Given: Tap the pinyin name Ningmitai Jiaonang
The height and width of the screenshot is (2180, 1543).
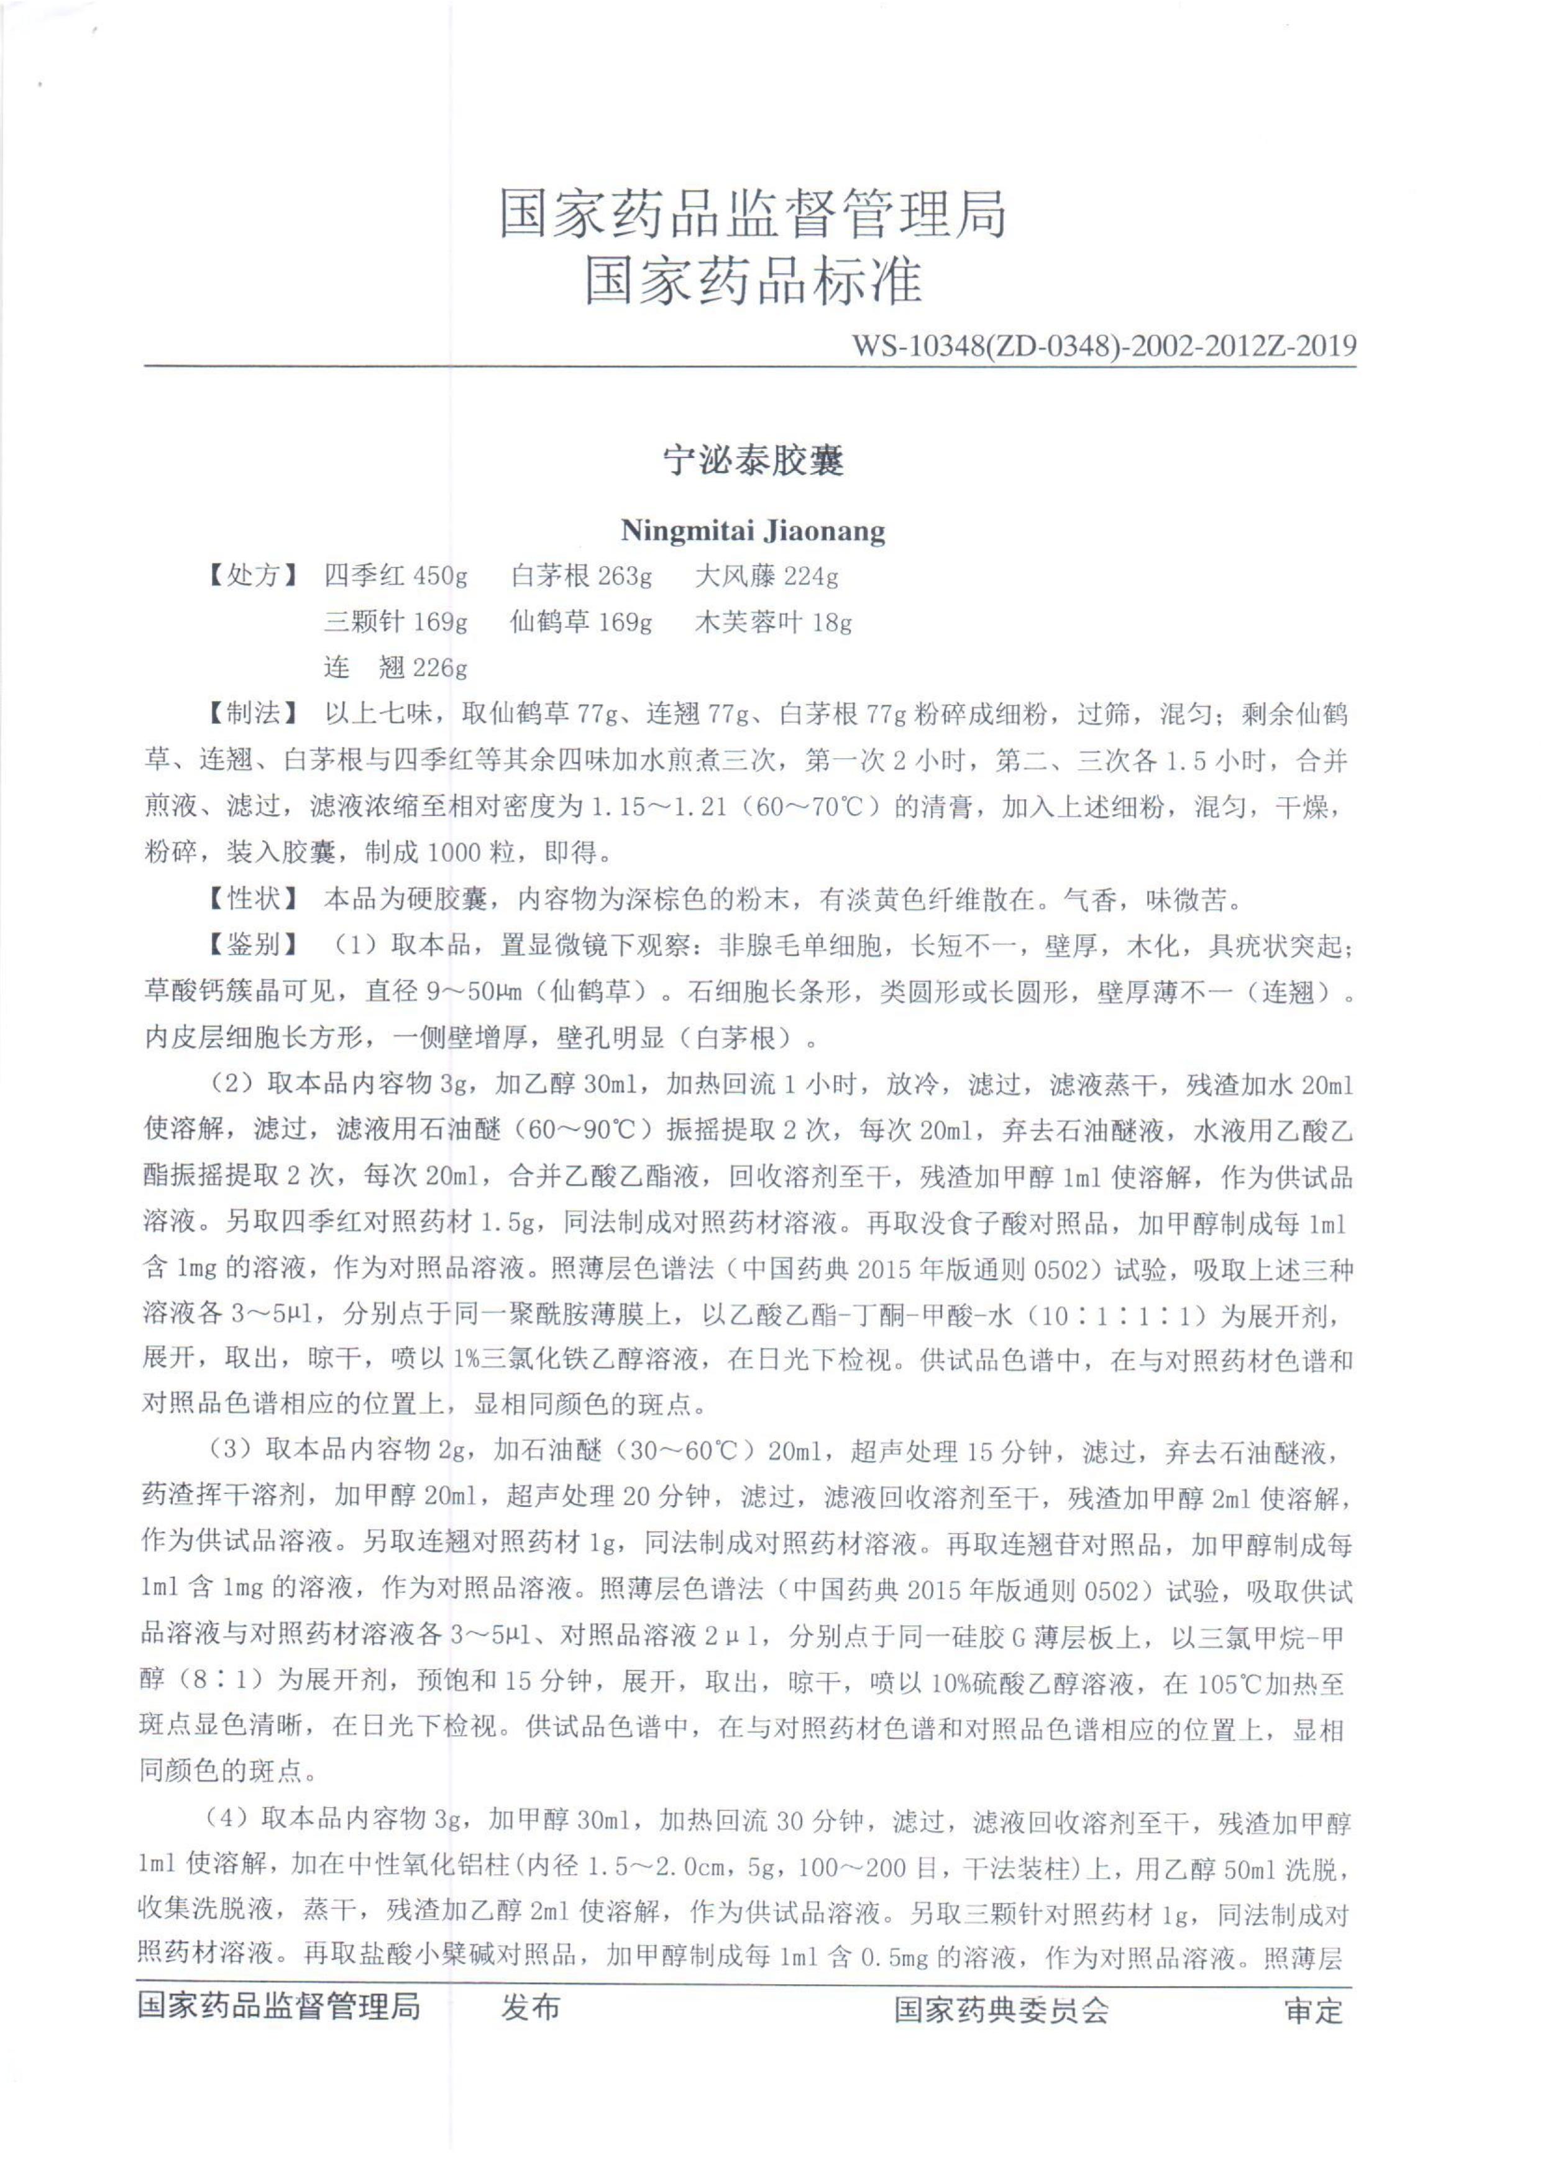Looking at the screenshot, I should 753,530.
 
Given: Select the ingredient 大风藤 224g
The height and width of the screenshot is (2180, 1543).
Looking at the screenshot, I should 766,575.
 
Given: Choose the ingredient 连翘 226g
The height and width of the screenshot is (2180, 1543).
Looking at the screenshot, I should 395,668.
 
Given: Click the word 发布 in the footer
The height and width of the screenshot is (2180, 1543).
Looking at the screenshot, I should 531,2007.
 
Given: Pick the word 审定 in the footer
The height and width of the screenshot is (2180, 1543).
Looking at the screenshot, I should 1314,2010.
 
